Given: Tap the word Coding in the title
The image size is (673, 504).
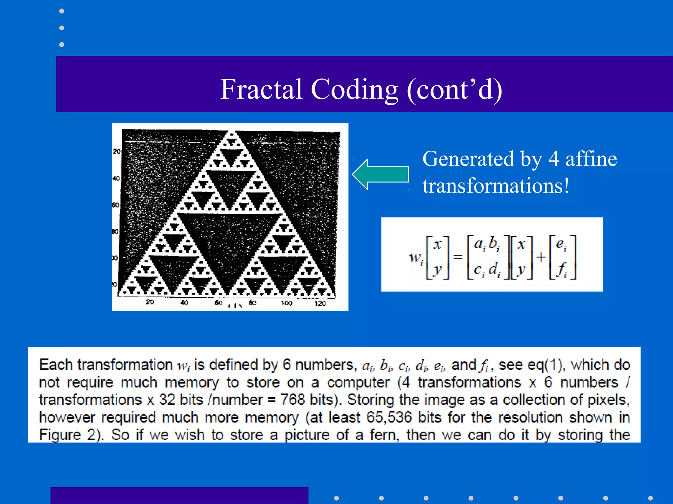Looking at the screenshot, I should pos(355,89).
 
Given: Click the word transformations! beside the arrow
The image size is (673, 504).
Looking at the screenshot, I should pos(496,186).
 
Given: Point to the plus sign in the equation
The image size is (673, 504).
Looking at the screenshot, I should pos(541,257).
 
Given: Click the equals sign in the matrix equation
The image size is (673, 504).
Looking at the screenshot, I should pos(457,257).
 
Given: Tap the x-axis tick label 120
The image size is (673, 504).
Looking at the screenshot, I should pos(320,304).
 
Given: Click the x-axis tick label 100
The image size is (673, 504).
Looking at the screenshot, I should pos(286,303).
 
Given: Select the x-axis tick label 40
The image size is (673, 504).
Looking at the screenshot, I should pos(184,303).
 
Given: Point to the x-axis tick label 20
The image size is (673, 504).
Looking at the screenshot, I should pos(150,302).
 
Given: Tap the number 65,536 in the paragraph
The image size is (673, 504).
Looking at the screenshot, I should pos(389,417).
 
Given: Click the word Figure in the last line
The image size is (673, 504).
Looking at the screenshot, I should pos(60,435).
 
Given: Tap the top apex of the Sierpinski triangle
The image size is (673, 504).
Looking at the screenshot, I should pos(232,132).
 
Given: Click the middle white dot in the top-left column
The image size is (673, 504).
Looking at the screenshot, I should pos(61,28).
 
